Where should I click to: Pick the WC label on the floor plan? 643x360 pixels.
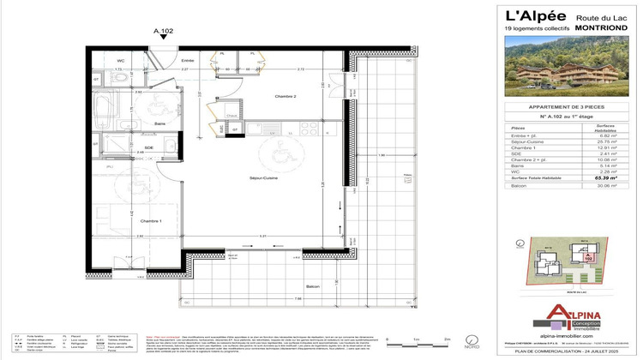coord(121,60)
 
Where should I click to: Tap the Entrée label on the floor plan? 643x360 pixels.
coord(187,60)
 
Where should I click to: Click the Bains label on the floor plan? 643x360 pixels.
coord(135,124)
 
